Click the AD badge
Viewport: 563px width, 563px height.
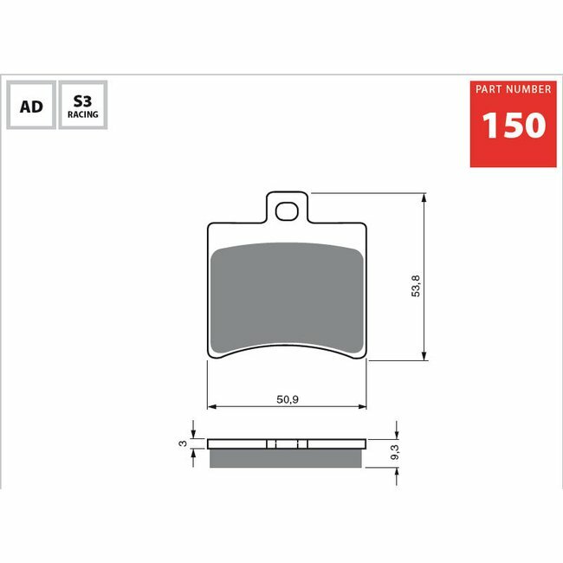31,105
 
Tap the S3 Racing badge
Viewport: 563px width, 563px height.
83,105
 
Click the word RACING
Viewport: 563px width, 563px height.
83,114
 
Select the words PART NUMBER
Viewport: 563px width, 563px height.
513,89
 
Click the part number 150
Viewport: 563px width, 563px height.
514,125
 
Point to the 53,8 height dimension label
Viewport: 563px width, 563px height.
416,286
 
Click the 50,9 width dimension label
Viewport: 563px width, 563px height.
288,399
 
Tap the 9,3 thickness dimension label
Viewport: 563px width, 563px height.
395,452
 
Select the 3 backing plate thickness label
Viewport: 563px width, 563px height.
183,443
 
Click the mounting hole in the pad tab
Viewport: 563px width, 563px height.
287,211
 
